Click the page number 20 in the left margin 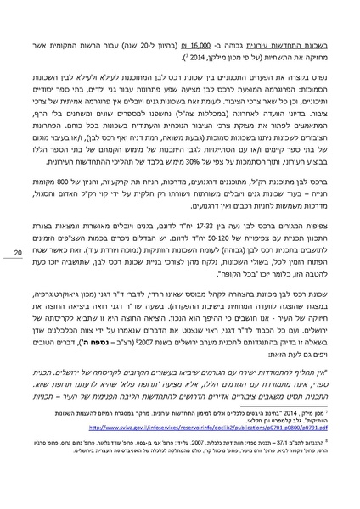click(x=19, y=251)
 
